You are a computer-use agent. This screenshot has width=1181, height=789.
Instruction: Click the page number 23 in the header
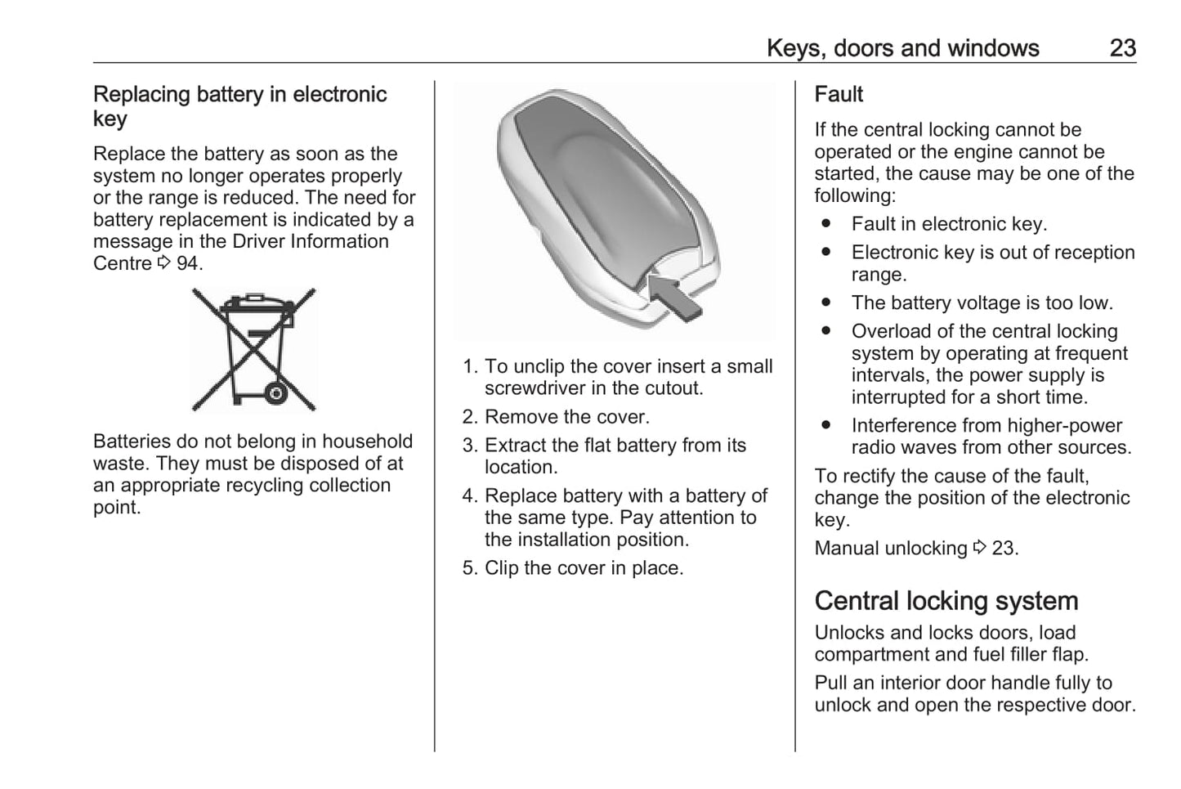click(x=1122, y=48)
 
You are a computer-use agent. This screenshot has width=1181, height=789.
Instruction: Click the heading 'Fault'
click(x=839, y=95)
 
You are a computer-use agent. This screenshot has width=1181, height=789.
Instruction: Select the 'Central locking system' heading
click(x=946, y=601)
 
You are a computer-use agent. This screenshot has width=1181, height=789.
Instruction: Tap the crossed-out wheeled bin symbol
click(x=253, y=349)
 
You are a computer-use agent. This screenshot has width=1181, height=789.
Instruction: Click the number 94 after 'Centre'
click(x=187, y=263)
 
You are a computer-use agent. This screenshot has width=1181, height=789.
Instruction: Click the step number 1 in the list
click(x=468, y=366)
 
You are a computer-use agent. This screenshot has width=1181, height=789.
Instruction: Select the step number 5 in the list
click(x=468, y=568)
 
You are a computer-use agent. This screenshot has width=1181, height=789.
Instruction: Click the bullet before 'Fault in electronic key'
click(x=826, y=224)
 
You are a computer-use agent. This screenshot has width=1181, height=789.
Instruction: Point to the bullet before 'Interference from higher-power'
click(x=826, y=425)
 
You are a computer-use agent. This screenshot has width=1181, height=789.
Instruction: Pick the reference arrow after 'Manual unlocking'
click(x=979, y=548)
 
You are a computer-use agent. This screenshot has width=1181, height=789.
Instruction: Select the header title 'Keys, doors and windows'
click(x=902, y=48)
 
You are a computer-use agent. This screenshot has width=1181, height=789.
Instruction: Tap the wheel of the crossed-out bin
click(x=275, y=393)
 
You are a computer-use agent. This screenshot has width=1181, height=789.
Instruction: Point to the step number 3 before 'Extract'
click(x=468, y=446)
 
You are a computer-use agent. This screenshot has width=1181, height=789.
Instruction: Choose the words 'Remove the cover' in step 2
click(x=565, y=417)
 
